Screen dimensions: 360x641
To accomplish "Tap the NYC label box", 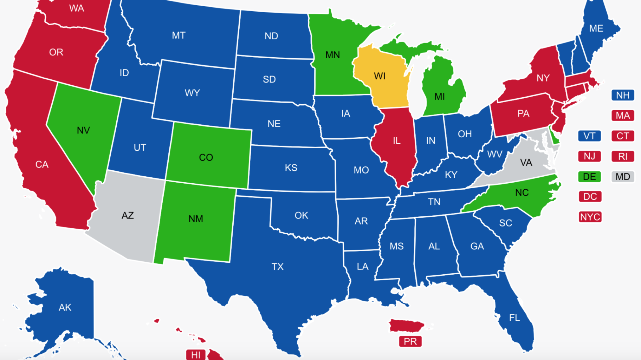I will point(590,217).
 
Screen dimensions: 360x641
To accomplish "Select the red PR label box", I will point(410,341).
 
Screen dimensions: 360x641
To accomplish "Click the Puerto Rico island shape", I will point(406,326).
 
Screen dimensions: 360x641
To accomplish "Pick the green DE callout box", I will point(589,177).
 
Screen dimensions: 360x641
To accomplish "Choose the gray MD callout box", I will point(623,177).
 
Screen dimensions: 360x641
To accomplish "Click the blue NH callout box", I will point(623,95).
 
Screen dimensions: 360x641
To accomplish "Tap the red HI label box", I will point(196,355).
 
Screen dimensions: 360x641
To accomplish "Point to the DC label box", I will point(590,197).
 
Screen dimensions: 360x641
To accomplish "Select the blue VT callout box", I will point(589,136).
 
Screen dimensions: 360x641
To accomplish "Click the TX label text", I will point(277,267).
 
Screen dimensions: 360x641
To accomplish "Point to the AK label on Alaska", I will point(65,308).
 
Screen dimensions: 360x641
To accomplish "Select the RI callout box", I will point(623,156).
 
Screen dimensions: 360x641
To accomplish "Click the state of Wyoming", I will point(193,93).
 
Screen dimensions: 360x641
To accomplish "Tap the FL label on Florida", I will point(514,318).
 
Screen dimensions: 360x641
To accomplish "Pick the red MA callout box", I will point(623,116).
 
